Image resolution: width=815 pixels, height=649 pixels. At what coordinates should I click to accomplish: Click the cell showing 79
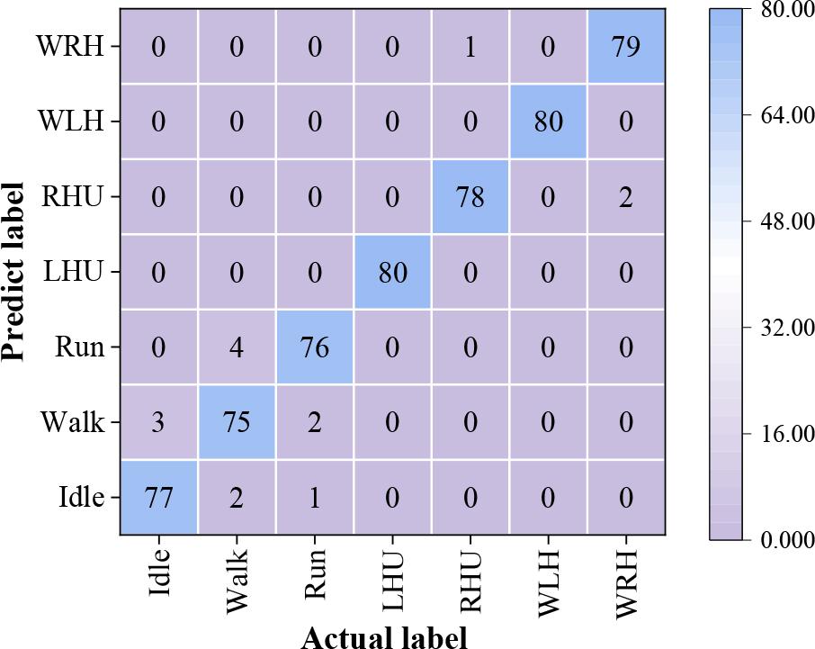(x=626, y=47)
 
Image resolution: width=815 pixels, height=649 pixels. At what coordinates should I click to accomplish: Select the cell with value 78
(x=470, y=197)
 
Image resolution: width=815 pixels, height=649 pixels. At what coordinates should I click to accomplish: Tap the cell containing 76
(x=314, y=347)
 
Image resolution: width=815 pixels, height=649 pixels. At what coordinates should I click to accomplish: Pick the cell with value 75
(x=236, y=422)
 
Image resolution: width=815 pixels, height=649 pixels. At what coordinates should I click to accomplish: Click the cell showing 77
(x=158, y=498)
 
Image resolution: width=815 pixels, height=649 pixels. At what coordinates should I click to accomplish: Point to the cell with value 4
(x=236, y=347)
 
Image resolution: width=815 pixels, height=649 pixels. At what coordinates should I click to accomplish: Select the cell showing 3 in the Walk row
(x=158, y=422)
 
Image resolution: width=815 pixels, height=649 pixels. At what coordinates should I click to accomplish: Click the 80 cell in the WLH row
(x=548, y=122)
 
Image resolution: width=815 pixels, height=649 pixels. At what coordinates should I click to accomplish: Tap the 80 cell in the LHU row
(x=392, y=272)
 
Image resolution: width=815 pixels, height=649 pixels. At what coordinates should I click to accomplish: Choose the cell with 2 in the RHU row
(x=626, y=197)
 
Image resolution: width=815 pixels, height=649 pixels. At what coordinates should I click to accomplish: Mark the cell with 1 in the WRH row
(x=470, y=47)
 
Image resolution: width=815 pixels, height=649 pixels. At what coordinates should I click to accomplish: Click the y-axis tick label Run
(x=79, y=347)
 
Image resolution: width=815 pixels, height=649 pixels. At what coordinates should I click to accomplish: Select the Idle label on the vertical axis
(x=81, y=498)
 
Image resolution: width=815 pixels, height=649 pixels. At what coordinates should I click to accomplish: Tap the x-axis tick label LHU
(x=392, y=582)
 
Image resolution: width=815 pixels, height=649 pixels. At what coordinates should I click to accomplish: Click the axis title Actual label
(x=384, y=637)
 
